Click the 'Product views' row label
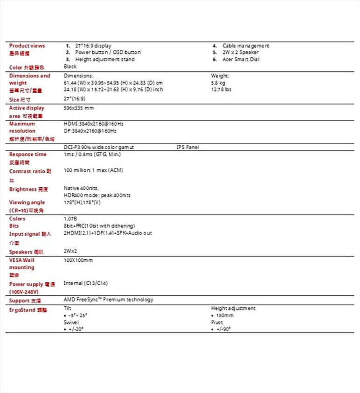[27, 46]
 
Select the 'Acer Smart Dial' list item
[241, 59]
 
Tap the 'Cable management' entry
[245, 46]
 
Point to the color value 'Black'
[70, 67]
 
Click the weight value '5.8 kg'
[218, 83]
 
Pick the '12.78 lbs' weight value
[221, 89]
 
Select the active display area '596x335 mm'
[79, 108]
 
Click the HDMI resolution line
[93, 124]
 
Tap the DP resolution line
[90, 131]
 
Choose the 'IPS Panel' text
[187, 147]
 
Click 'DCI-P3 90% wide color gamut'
[98, 147]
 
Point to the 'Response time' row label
[28, 154]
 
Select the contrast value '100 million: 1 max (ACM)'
[93, 170]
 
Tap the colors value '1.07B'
[70, 218]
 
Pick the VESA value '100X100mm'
[78, 260]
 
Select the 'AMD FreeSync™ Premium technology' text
[108, 300]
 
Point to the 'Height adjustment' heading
[233, 309]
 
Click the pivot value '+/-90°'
[223, 329]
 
